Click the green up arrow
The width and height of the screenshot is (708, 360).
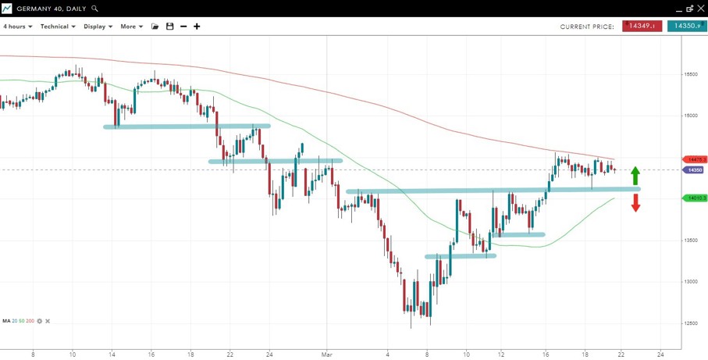pos(635,176)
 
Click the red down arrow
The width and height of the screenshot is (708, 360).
pos(635,203)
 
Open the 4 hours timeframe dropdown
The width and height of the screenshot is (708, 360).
pos(17,27)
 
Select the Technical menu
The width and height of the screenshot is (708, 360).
pos(58,27)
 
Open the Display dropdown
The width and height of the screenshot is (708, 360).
pos(98,27)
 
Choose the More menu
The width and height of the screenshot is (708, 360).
pos(131,27)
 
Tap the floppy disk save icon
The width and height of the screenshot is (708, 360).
pos(169,27)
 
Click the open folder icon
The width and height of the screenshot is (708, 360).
pos(155,27)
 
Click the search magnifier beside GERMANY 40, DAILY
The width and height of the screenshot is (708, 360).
pos(95,9)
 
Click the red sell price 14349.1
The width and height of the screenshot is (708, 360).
pos(642,27)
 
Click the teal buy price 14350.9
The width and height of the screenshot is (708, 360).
pos(686,27)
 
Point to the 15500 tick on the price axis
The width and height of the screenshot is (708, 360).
pos(690,75)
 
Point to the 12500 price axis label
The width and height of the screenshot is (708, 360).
pos(690,323)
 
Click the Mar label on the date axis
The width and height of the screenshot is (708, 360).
pos(327,354)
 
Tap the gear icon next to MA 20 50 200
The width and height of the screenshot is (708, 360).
pos(40,321)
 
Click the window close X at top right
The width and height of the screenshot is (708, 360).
pos(700,9)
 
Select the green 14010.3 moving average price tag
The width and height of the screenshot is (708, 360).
pos(695,198)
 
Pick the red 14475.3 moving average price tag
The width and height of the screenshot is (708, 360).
pos(695,159)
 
